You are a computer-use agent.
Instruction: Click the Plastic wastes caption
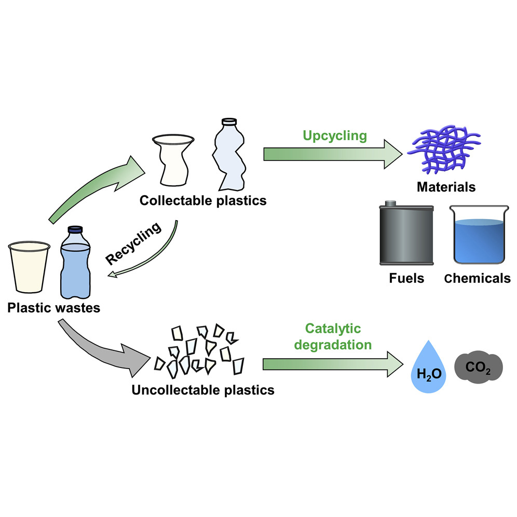click(x=53, y=308)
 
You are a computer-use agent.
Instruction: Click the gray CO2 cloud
click(x=479, y=369)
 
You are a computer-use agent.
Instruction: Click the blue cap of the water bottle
click(x=76, y=229)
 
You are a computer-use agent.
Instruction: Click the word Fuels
click(x=406, y=278)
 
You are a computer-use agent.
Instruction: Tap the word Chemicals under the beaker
click(x=478, y=278)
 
